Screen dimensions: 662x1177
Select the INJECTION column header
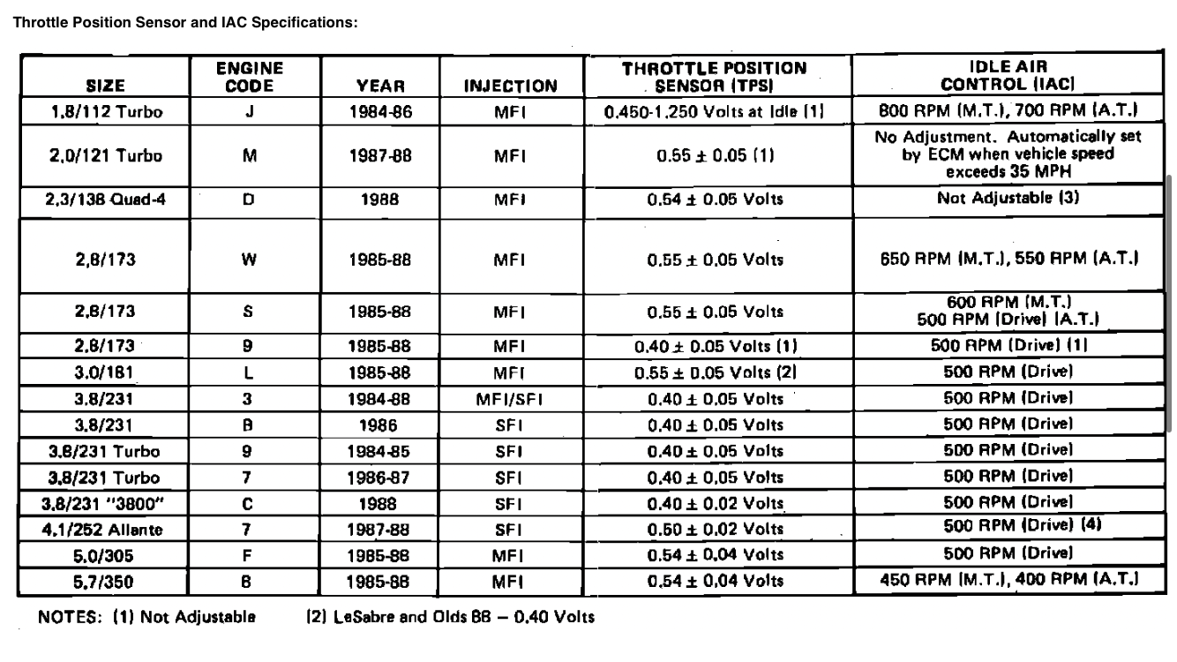[x=511, y=87]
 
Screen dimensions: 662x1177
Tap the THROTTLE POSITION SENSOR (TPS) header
[x=715, y=77]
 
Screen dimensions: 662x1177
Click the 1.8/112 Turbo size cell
[x=107, y=112]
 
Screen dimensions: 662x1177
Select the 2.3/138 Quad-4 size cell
[x=107, y=199]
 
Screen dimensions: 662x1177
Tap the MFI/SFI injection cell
[x=511, y=399]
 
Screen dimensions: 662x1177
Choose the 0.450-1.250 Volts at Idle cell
[x=715, y=112]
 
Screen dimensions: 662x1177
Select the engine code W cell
[x=249, y=260]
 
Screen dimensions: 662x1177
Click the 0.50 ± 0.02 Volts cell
[x=715, y=529]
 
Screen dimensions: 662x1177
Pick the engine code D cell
[x=249, y=199]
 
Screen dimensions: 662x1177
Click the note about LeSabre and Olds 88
[x=450, y=616]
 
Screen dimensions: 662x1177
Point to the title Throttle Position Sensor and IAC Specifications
[x=184, y=22]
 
